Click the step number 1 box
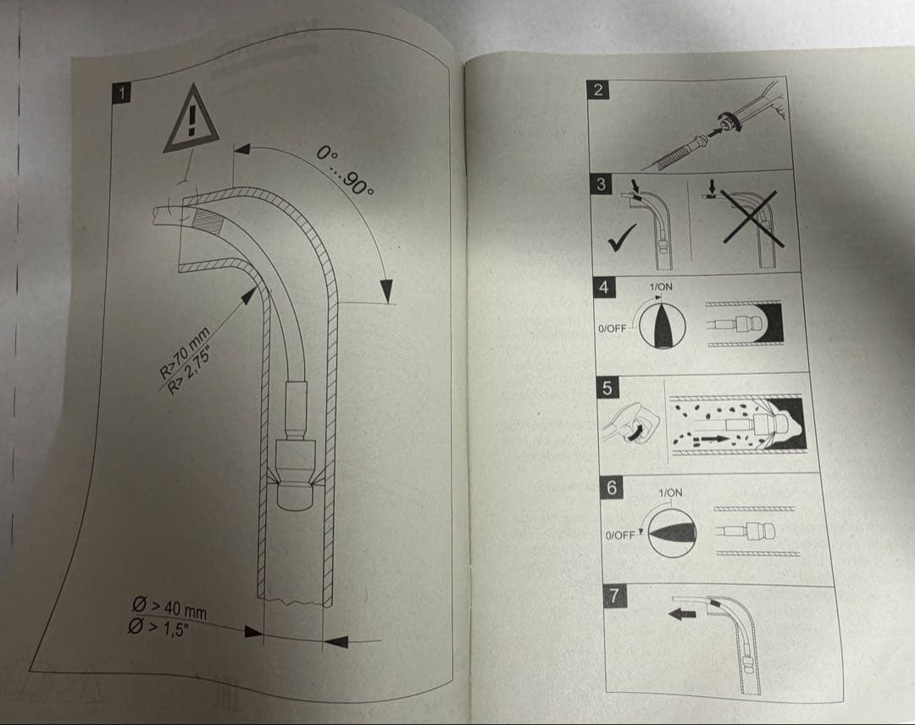(x=121, y=93)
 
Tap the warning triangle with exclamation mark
(x=191, y=119)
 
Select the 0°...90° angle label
(x=345, y=170)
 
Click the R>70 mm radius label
(x=185, y=353)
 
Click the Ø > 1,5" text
(x=158, y=628)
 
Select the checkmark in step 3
(x=622, y=239)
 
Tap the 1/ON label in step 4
(x=661, y=287)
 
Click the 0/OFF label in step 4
(x=613, y=329)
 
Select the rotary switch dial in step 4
(x=663, y=326)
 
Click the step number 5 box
(x=607, y=388)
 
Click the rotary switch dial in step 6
(x=672, y=533)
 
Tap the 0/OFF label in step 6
(x=619, y=535)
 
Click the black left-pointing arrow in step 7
(x=682, y=613)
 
